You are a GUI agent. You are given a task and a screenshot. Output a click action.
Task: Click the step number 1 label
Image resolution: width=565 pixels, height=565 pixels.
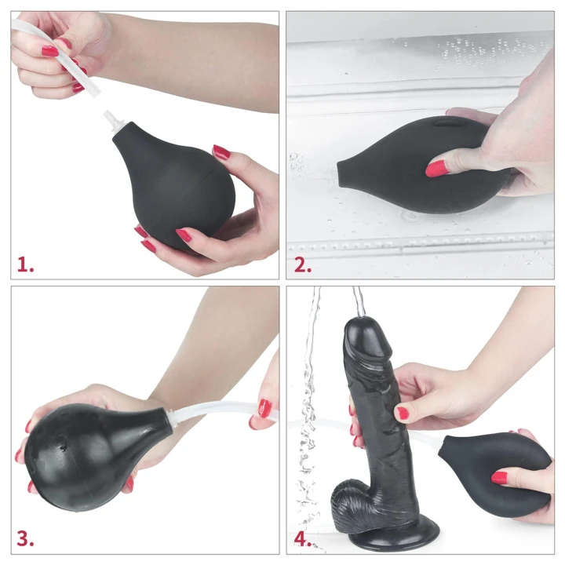tap(26, 264)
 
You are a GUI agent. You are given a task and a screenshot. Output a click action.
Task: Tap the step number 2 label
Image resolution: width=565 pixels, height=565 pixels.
tap(303, 264)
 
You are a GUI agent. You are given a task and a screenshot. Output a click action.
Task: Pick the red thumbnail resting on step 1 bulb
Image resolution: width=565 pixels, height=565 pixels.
tap(221, 152)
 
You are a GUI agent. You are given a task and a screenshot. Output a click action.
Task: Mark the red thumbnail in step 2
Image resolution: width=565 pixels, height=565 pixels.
tap(436, 168)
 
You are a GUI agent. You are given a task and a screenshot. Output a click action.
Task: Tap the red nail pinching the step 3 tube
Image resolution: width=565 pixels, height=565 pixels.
tap(265, 409)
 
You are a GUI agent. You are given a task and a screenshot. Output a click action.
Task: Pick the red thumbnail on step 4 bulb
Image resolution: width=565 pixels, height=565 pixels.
tap(499, 477)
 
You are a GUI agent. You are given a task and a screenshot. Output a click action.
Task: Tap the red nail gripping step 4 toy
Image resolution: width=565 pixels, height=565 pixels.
tap(403, 413)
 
